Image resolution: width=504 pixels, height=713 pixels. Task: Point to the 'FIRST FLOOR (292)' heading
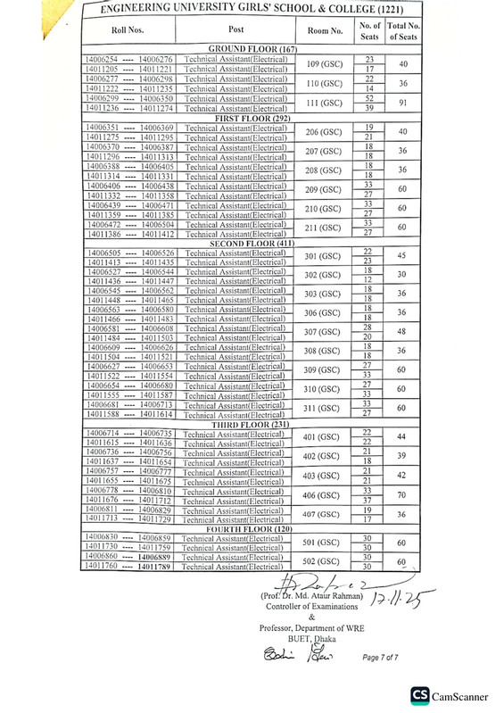tap(252, 118)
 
